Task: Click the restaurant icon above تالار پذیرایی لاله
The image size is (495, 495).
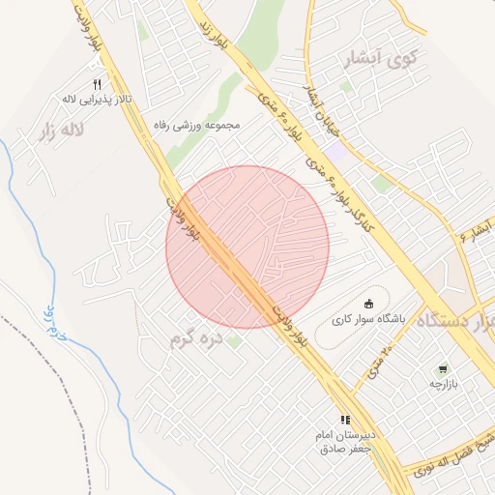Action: coord(97,83)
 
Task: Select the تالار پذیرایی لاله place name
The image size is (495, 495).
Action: coord(96,99)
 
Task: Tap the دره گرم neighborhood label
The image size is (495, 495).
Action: coord(196,339)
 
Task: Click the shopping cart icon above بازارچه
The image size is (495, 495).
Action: coord(443,368)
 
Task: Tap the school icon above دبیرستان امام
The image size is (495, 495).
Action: coord(345,420)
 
